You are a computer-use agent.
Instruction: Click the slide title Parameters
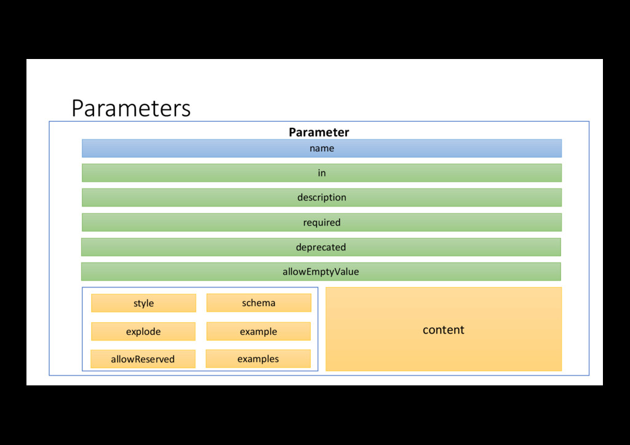(x=131, y=108)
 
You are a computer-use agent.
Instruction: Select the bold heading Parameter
(x=319, y=132)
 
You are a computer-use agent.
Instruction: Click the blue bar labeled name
(x=321, y=148)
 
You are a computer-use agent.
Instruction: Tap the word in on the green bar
(x=321, y=173)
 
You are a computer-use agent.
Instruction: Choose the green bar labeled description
(x=321, y=197)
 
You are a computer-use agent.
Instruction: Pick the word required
(x=321, y=222)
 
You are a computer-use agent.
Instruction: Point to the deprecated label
(x=321, y=247)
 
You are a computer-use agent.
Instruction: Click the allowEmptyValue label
(x=321, y=272)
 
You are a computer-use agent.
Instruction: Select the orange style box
(x=143, y=303)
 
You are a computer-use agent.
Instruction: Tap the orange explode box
(x=143, y=331)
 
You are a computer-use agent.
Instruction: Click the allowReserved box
(x=143, y=359)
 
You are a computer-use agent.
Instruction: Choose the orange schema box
(x=258, y=302)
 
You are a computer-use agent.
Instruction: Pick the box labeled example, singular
(x=258, y=331)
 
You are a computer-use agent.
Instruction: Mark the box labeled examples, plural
(x=258, y=359)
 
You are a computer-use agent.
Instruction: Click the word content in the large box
(x=443, y=330)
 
